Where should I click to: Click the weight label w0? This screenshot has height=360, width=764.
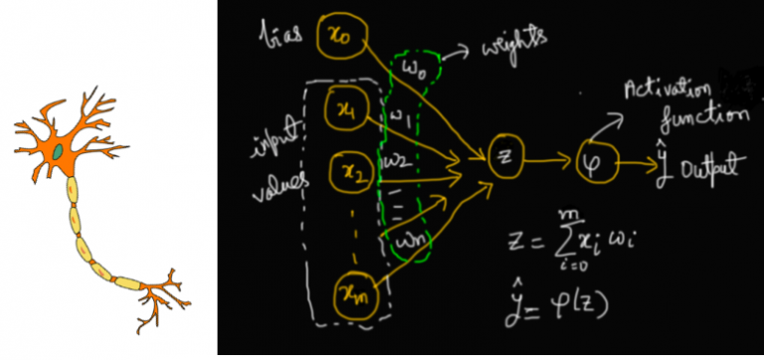(415, 69)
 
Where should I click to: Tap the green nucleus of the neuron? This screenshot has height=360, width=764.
(60, 152)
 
